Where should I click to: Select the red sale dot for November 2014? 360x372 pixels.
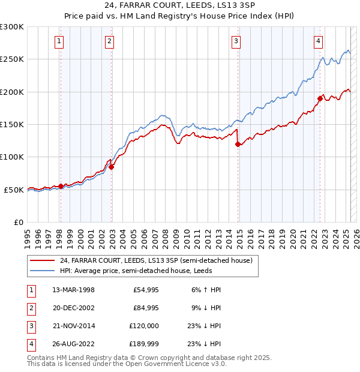[x=238, y=144]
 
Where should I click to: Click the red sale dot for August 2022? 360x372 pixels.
[x=320, y=99]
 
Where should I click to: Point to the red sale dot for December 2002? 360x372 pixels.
[x=112, y=167]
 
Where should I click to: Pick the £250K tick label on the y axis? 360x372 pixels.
[x=12, y=59]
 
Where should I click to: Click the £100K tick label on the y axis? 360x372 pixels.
[x=12, y=157]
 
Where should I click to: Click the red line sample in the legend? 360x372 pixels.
[x=42, y=260]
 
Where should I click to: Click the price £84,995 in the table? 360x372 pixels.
[x=146, y=308]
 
